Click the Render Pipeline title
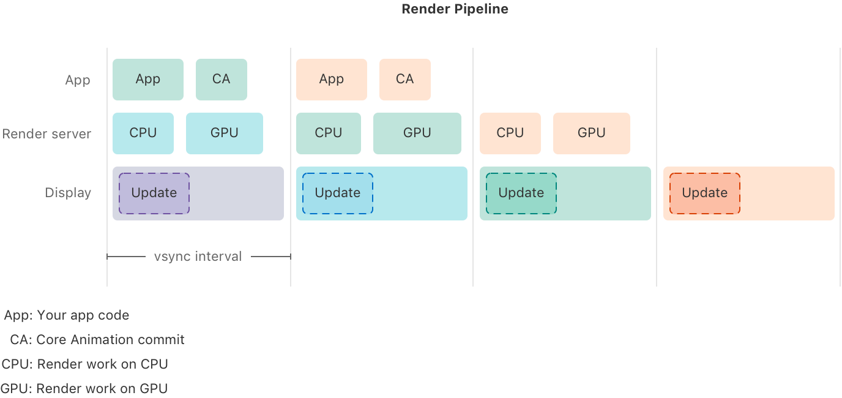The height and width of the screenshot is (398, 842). (x=455, y=9)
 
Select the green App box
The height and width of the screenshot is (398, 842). (x=148, y=80)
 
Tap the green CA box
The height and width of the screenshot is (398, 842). (x=222, y=80)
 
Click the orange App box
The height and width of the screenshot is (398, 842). (x=332, y=80)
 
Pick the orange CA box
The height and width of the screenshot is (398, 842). (x=405, y=80)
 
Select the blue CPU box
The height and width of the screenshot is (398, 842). (x=143, y=133)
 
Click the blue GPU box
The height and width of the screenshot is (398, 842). (x=225, y=133)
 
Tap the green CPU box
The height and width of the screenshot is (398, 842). (x=329, y=133)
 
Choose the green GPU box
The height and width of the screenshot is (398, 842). (x=417, y=133)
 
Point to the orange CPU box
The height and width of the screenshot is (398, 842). (x=510, y=133)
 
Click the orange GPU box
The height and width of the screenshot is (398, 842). (x=592, y=133)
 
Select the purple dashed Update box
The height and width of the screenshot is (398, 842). (x=154, y=193)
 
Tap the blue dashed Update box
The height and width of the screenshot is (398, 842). (x=338, y=193)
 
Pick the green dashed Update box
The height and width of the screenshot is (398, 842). (x=521, y=193)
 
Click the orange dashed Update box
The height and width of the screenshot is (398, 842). (x=705, y=193)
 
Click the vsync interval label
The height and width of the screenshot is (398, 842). (x=198, y=257)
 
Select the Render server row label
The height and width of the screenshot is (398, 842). (x=47, y=133)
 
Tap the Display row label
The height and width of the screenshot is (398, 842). (x=68, y=193)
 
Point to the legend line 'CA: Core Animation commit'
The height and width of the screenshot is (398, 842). (x=97, y=340)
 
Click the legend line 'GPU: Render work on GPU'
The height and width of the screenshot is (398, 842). (x=84, y=388)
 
